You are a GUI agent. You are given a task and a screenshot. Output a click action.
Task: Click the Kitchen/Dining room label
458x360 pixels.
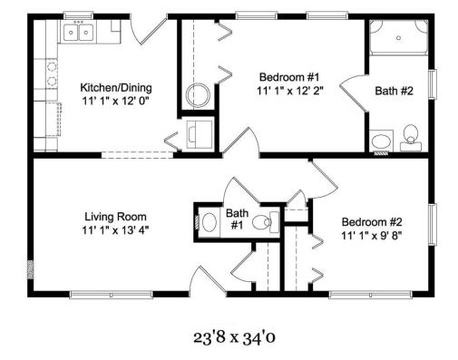point(116,88)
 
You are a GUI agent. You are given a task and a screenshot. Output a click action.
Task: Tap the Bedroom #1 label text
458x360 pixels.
point(289,77)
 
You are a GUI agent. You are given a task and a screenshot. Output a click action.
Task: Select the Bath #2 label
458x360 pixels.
point(394,91)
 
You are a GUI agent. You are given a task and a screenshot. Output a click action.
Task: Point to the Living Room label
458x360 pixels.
point(115,217)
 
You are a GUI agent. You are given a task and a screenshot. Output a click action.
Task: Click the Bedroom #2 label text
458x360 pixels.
point(372,222)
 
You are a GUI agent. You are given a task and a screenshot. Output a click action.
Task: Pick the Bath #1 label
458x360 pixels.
point(238,219)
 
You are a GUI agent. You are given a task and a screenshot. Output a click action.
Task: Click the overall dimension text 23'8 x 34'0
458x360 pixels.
point(234,337)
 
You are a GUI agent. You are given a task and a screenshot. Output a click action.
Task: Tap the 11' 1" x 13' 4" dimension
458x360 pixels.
point(115,230)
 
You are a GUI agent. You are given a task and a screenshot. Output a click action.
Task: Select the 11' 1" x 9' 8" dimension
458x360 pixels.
point(372,236)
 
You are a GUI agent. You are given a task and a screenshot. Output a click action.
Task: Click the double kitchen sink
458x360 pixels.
point(78,32)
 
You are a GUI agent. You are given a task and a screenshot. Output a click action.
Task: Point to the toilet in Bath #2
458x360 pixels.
point(411,138)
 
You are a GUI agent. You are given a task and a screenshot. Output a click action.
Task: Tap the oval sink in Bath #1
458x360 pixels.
point(210,222)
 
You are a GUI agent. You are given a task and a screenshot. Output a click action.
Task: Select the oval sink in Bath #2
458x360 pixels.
point(381,141)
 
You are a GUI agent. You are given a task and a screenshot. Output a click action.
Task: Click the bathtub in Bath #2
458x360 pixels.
point(399,37)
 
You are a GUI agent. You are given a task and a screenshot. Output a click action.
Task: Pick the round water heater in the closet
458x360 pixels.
point(198,95)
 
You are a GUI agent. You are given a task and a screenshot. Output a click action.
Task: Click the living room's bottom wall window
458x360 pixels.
point(111,295)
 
